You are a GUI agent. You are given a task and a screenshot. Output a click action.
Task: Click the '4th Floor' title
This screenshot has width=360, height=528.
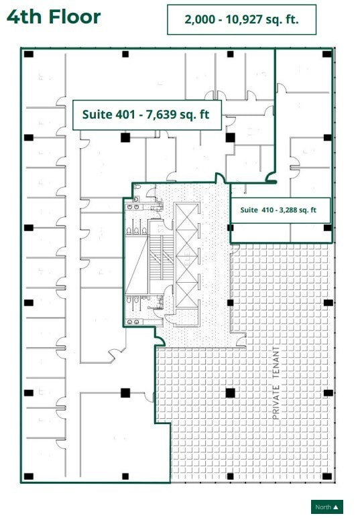pyautogui.click(x=54, y=17)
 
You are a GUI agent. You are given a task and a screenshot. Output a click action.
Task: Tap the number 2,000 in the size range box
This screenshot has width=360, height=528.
pyautogui.click(x=199, y=20)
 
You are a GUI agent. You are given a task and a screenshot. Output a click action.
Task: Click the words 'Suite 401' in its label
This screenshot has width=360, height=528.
pyautogui.click(x=105, y=115)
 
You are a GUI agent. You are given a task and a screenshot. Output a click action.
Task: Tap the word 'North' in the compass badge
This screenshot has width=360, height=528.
pyautogui.click(x=323, y=507)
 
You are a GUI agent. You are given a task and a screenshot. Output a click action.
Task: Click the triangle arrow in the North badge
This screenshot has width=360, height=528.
pyautogui.click(x=336, y=507)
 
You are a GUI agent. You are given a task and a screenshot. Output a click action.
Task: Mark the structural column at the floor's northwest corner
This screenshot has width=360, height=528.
pyautogui.click(x=29, y=54)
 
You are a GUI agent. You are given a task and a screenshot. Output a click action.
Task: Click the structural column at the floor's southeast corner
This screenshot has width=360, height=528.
pyautogui.click(x=327, y=476)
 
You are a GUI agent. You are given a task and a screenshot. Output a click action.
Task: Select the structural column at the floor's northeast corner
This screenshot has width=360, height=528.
pyautogui.click(x=327, y=54)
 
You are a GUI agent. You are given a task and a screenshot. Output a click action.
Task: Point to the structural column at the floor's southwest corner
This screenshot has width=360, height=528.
pyautogui.click(x=29, y=476)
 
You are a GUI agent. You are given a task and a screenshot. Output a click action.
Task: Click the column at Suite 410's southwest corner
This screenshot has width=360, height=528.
pyautogui.click(x=231, y=228)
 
